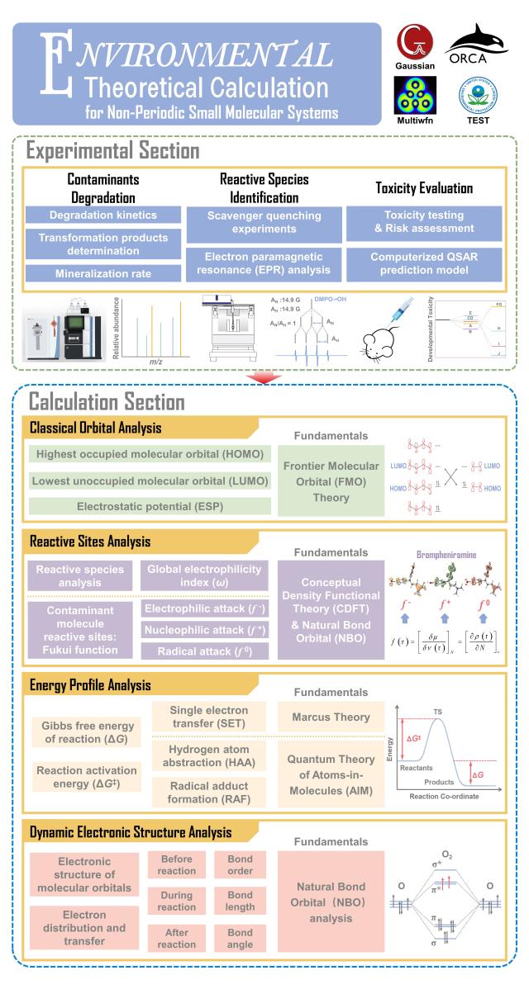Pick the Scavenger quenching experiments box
coord(259,223)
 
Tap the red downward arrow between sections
coord(264,377)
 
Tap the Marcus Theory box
coord(331,717)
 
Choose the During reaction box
coord(176,901)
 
